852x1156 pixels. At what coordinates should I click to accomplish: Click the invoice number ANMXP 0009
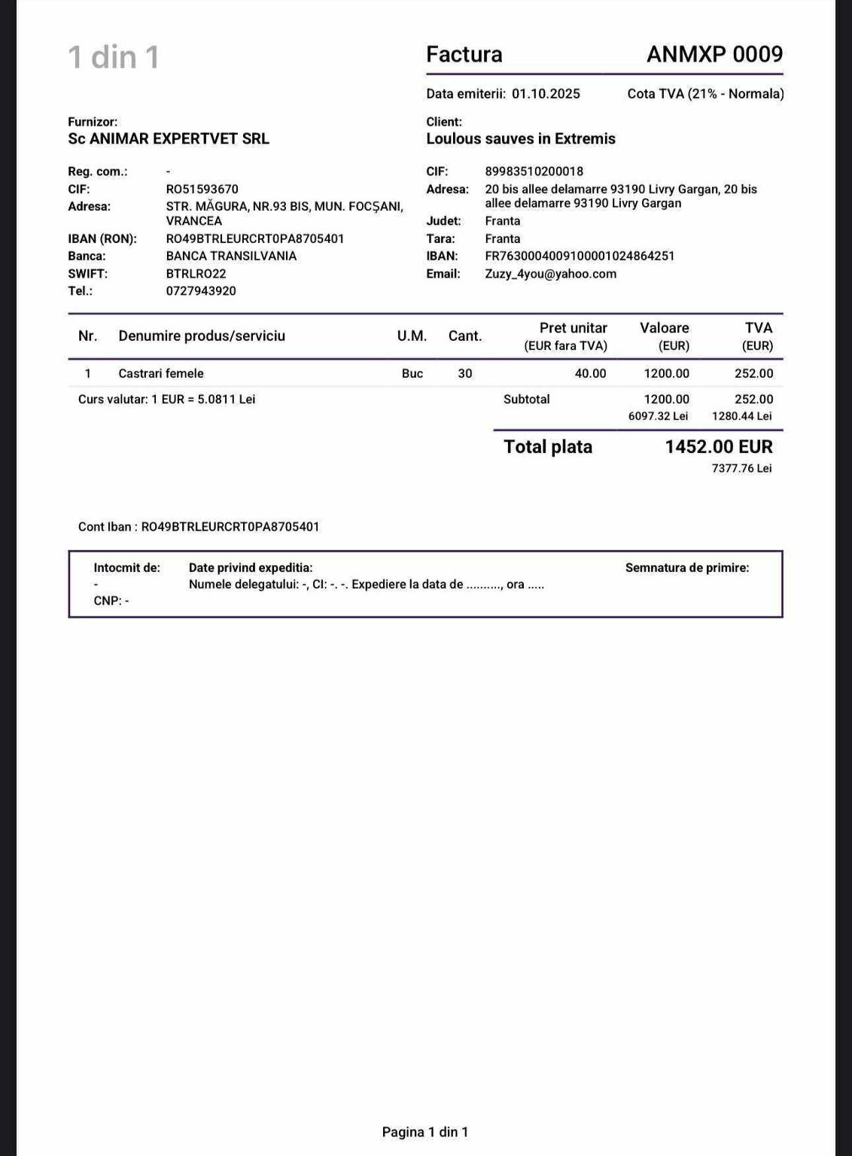click(714, 54)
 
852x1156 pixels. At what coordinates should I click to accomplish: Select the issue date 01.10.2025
click(546, 94)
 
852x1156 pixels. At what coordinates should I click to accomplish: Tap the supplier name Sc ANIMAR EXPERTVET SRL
click(169, 138)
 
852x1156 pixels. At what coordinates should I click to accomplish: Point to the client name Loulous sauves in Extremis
click(521, 138)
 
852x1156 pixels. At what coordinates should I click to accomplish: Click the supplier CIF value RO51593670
click(202, 189)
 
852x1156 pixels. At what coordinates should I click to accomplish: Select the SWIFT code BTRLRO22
click(196, 274)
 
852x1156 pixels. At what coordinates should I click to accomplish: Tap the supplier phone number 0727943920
click(201, 291)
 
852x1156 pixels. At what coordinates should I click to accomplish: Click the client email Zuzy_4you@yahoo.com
click(551, 274)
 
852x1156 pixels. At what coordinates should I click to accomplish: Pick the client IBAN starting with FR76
click(580, 256)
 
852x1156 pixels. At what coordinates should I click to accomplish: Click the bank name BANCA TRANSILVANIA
click(231, 256)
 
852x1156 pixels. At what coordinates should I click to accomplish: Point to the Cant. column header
click(465, 336)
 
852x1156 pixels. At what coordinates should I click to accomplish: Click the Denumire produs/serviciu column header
click(202, 336)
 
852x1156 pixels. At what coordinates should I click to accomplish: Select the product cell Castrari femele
click(161, 373)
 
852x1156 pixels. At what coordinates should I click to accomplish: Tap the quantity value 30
click(465, 373)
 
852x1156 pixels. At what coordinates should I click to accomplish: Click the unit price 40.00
click(590, 373)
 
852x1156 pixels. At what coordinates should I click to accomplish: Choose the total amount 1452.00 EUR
click(719, 447)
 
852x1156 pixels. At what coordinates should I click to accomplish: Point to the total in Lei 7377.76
click(741, 468)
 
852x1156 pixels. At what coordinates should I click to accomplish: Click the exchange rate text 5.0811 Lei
click(226, 400)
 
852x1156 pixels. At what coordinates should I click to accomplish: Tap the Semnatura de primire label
click(687, 568)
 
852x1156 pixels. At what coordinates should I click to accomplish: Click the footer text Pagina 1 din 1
click(425, 1132)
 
